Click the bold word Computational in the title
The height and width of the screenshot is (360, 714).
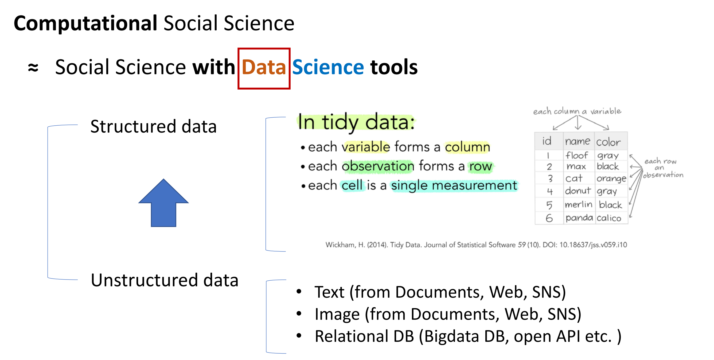coord(85,24)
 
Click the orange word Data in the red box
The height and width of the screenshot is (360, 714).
coord(264,67)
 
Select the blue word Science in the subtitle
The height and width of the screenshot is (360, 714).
coord(328,67)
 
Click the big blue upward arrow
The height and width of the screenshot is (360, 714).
coord(163,203)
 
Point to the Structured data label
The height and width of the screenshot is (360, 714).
coord(153,126)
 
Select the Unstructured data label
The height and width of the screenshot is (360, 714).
coord(165,280)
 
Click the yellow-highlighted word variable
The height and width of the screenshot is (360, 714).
coord(366,147)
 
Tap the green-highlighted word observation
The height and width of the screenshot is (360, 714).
coord(378,166)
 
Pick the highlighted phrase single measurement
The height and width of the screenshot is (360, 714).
coord(454,185)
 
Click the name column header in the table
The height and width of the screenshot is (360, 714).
coord(578,141)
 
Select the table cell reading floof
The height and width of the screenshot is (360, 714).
coord(576,155)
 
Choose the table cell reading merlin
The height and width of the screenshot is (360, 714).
coord(579,205)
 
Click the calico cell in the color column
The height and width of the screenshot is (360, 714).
coord(609,218)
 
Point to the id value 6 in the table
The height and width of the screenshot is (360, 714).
coord(549,218)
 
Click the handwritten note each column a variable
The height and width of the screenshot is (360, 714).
coord(577,111)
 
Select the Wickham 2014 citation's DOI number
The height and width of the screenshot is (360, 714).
coord(593,245)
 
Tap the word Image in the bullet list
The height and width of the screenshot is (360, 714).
coord(337,314)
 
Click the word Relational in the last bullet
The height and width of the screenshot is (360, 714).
coord(351,336)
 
